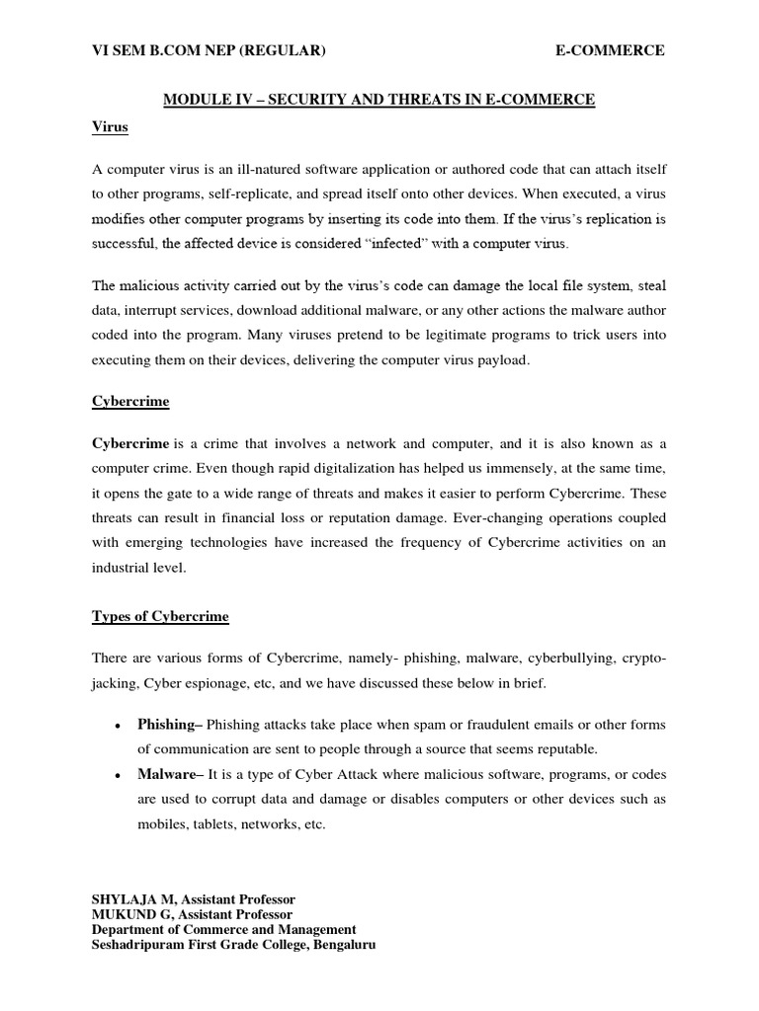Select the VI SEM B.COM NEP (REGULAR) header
click(209, 51)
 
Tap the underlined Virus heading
click(110, 128)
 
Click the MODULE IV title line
click(379, 100)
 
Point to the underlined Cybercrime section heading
click(130, 403)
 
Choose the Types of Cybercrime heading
click(160, 617)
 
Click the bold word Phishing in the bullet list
click(167, 725)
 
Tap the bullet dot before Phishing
click(118, 726)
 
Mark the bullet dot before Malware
click(118, 775)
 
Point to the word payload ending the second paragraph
click(504, 360)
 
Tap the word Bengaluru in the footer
click(338, 944)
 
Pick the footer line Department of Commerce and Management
click(224, 929)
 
